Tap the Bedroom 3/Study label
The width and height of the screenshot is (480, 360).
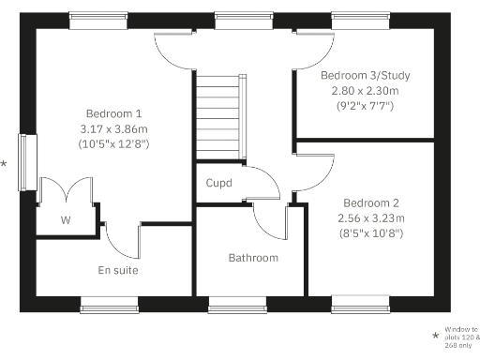coord(365,75)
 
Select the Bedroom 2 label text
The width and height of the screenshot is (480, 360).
coord(371,202)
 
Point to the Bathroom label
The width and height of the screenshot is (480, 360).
coord(253,257)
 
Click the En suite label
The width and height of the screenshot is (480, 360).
coord(118,270)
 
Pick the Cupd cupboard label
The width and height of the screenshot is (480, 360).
coord(219,183)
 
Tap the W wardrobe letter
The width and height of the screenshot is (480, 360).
coord(66,221)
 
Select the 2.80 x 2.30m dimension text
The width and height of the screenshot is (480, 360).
coord(365,91)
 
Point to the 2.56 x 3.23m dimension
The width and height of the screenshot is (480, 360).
coord(371,218)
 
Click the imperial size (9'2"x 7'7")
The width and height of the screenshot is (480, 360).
coord(365,107)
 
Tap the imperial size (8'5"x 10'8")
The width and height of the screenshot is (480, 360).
coord(371,234)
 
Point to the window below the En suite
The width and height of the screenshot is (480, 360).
coord(109,304)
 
